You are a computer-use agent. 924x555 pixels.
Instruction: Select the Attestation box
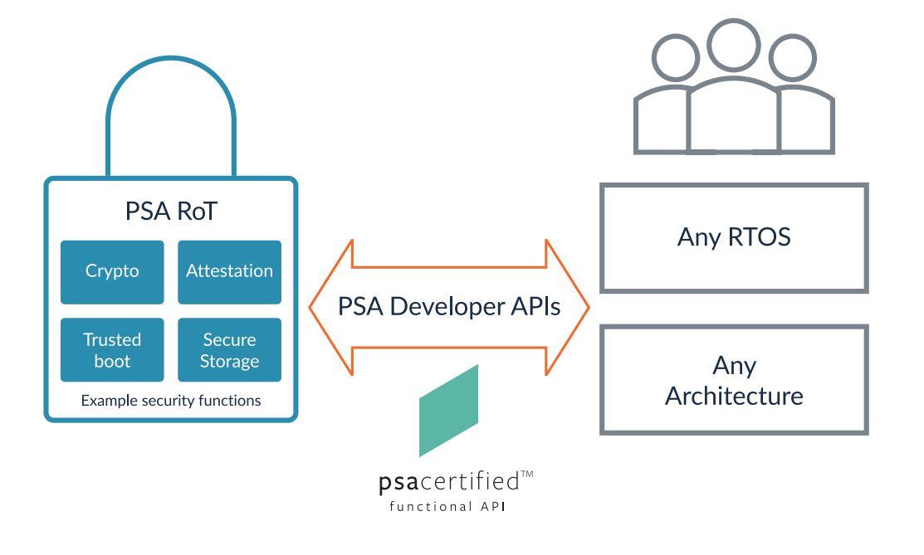[229, 272]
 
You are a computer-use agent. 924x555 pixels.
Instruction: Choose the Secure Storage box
[229, 350]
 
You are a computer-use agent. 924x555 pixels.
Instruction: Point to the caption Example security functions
[170, 401]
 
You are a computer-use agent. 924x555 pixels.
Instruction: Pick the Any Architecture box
[733, 379]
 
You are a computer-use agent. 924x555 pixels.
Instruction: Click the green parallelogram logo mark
[449, 411]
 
